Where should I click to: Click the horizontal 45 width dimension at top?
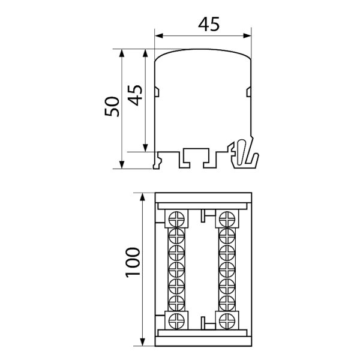point(209,25)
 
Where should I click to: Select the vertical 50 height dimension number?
point(112,107)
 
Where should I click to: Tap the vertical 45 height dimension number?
point(135,95)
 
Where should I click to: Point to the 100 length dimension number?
point(133,262)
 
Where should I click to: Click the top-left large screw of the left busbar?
point(176,219)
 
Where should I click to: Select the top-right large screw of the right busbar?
point(227,219)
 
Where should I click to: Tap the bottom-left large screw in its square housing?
point(176,320)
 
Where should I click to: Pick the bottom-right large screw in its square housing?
point(227,320)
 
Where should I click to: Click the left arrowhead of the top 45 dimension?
point(159,36)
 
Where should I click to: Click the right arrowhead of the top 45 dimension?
point(247,36)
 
